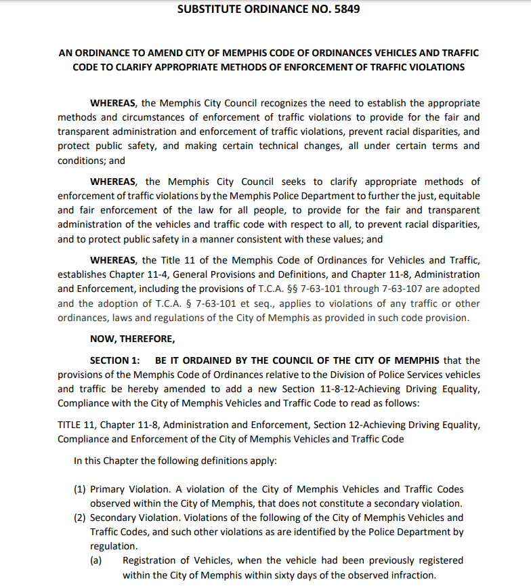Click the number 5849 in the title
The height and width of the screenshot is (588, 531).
click(346, 9)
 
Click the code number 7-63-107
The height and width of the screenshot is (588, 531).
click(388, 289)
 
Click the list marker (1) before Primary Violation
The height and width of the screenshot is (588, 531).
click(80, 489)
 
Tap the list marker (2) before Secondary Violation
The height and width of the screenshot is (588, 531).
click(80, 518)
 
